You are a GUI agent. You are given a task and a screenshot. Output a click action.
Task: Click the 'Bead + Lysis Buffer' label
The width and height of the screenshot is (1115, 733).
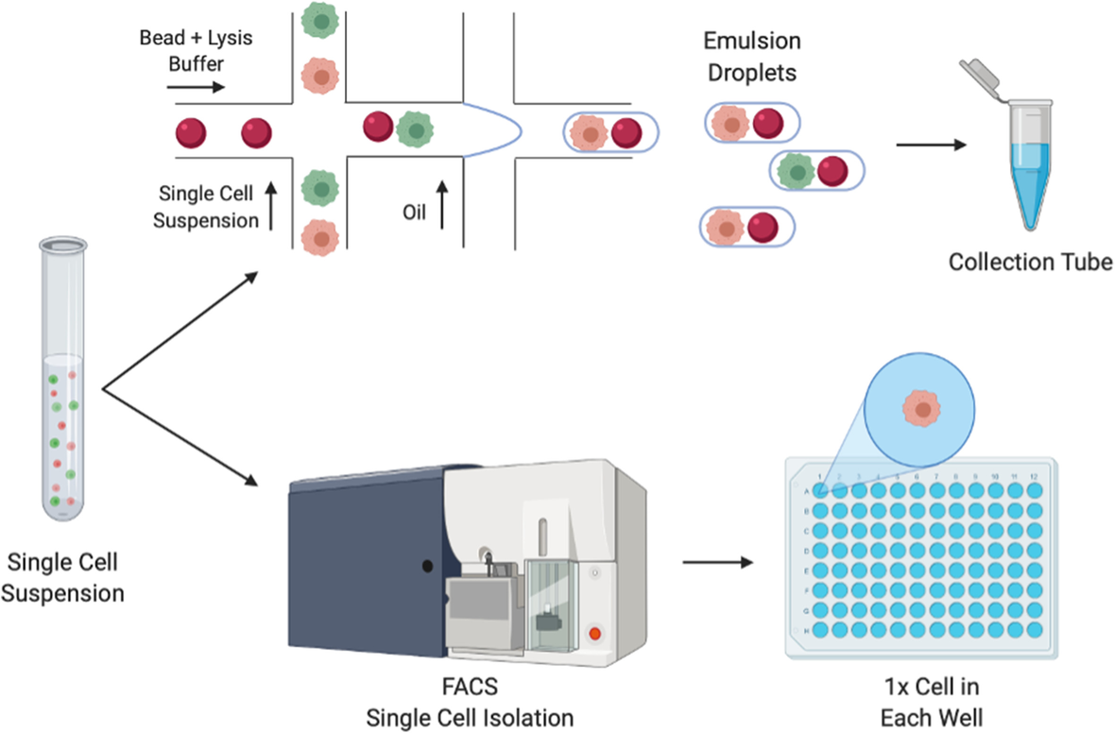pyautogui.click(x=197, y=51)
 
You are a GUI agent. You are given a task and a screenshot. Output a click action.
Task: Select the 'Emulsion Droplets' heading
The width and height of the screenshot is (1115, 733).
pyautogui.click(x=751, y=57)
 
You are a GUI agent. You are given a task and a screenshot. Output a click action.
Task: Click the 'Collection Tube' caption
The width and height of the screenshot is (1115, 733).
pyautogui.click(x=1031, y=261)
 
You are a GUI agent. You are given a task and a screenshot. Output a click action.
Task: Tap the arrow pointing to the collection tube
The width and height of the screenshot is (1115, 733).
pyautogui.click(x=932, y=145)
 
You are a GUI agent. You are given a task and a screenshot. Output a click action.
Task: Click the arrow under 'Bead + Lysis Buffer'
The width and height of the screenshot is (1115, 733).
pyautogui.click(x=196, y=88)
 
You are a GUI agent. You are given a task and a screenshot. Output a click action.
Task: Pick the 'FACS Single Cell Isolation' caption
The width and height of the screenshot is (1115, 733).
pyautogui.click(x=470, y=705)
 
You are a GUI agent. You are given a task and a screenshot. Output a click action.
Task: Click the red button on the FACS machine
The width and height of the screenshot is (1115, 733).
pyautogui.click(x=594, y=633)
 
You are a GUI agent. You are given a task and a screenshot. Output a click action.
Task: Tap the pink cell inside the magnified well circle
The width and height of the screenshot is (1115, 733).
pyautogui.click(x=921, y=409)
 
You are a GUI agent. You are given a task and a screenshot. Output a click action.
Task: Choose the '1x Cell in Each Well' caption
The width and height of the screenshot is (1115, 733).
pyautogui.click(x=931, y=705)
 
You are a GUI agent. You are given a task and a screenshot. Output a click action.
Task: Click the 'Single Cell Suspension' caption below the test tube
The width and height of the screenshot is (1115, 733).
pyautogui.click(x=64, y=577)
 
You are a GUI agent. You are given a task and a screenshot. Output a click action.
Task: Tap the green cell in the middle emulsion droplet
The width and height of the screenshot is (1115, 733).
pyautogui.click(x=797, y=170)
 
